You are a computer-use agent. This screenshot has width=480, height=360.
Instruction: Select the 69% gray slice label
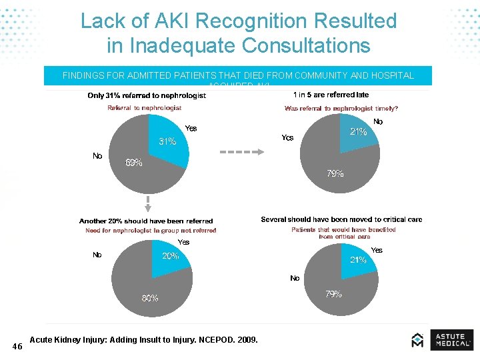pyautogui.click(x=134, y=163)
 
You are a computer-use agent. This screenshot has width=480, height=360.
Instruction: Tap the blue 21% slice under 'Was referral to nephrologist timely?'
pyautogui.click(x=358, y=132)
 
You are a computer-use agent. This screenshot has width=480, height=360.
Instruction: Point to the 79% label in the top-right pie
pyautogui.click(x=335, y=174)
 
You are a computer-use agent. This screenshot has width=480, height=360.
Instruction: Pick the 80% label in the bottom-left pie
pyautogui.click(x=150, y=298)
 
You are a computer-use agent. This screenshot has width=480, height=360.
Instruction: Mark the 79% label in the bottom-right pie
pyautogui.click(x=334, y=294)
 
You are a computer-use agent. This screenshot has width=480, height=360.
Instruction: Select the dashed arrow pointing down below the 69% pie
pyautogui.click(x=139, y=203)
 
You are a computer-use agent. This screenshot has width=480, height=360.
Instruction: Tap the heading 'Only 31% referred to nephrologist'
pyautogui.click(x=147, y=95)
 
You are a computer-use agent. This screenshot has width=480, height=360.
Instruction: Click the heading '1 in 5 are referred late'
pyautogui.click(x=331, y=95)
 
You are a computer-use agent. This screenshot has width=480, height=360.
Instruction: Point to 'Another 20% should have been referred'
pyautogui.click(x=146, y=221)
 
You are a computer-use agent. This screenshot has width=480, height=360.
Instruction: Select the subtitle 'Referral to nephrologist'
pyautogui.click(x=145, y=108)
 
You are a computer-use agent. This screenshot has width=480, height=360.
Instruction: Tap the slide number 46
pyautogui.click(x=17, y=346)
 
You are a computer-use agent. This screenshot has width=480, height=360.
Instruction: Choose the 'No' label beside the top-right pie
pyautogui.click(x=378, y=122)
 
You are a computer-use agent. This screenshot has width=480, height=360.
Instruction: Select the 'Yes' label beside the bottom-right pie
pyautogui.click(x=377, y=250)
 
